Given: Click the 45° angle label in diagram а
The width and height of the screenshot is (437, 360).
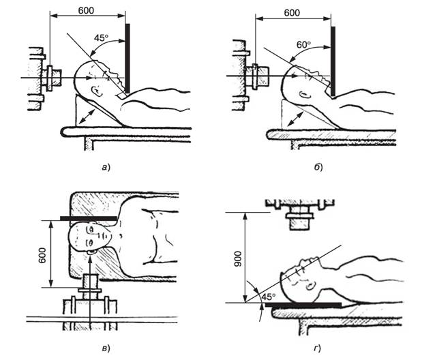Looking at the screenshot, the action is coord(101,37).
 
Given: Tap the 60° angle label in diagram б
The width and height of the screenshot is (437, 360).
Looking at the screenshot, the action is coord(304,44).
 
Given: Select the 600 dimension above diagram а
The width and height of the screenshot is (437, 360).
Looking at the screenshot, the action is coord(86,11).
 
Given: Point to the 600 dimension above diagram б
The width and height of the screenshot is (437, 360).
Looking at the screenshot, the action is coord(292,13).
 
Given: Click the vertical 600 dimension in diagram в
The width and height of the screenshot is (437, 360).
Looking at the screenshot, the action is coord(42,255).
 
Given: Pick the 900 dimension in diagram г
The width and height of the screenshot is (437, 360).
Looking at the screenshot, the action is coord(238,258).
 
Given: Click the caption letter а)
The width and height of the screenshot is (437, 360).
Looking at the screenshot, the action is coord(106,167).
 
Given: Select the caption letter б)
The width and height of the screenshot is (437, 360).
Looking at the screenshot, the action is coord(318,167).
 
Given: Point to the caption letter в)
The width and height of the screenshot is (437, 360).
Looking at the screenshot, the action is coord(106,348).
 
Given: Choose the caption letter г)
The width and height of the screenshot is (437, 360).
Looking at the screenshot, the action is coord(317,348).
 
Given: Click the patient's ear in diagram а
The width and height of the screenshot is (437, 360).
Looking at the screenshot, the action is coord(97,91).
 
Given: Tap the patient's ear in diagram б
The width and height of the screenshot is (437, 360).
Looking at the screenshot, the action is coord(304,95).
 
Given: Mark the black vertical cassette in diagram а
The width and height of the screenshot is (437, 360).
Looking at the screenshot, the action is coord(127,59).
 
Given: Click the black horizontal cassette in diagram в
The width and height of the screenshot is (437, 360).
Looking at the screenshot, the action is coord(89,218).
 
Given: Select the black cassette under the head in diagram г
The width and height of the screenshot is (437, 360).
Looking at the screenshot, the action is coord(303,305).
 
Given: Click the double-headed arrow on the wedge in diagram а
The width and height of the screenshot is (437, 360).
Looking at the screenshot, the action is coord(87,117).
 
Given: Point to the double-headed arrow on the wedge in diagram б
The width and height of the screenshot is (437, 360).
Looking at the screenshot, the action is coord(295,119).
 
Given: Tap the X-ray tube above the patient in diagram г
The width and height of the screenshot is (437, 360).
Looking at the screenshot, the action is coord(300,214).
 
